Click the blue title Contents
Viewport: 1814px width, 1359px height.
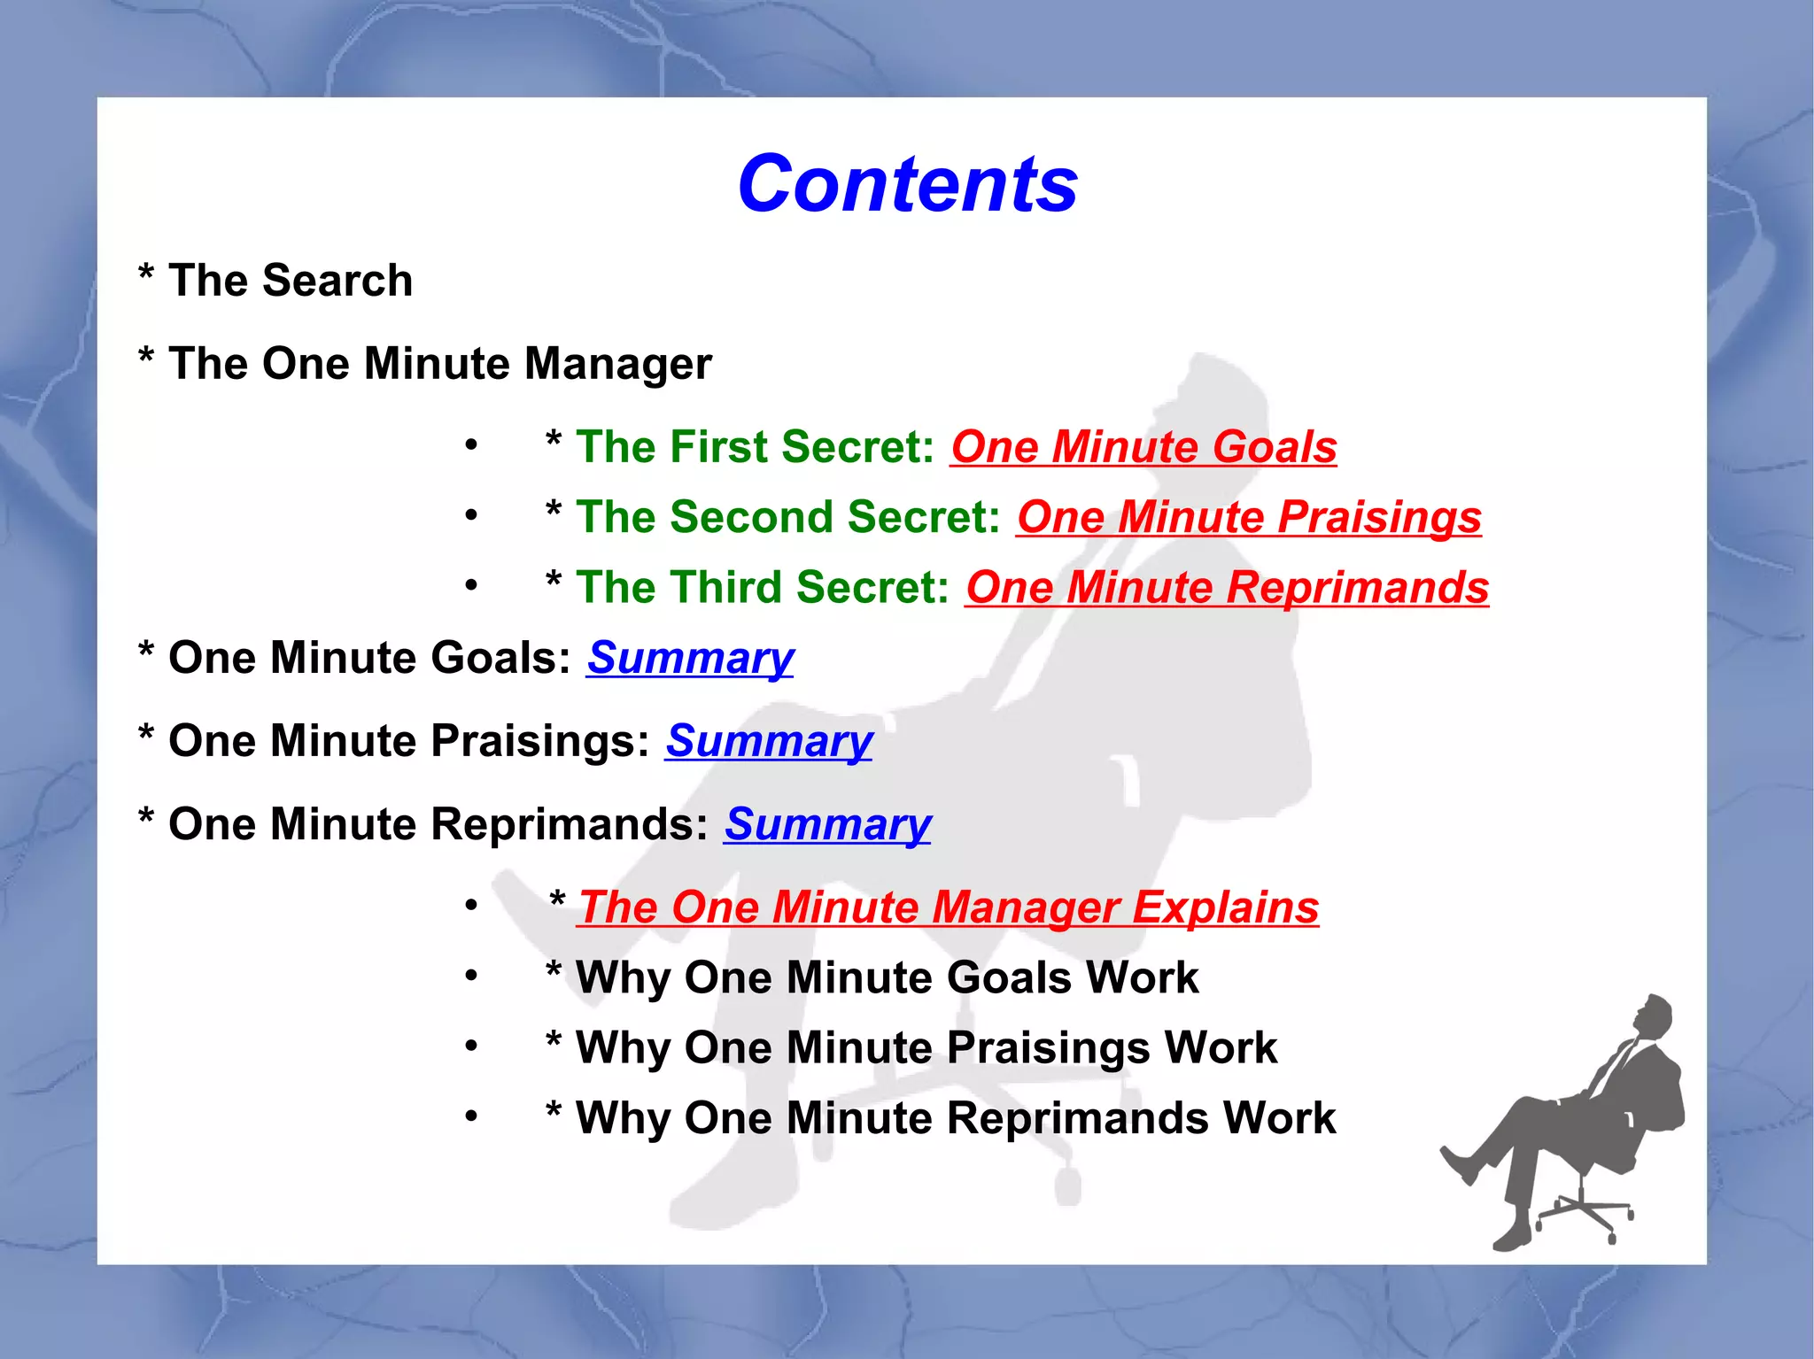pos(907,184)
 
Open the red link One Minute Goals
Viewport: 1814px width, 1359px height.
pos(1143,446)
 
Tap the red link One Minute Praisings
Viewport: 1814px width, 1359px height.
pos(1249,517)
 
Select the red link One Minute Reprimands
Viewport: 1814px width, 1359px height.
pos(1227,588)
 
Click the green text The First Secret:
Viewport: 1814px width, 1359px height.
pos(755,446)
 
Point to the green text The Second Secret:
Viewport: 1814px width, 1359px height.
pos(787,517)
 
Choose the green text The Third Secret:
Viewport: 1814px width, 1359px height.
pos(762,588)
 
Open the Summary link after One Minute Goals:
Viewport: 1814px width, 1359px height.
pos(690,658)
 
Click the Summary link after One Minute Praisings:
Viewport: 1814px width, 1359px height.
pos(769,741)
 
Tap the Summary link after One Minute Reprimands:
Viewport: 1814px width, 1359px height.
pos(827,824)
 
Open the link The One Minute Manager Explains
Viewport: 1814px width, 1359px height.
pos(948,907)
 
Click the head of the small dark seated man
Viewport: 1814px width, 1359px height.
pos(1653,1016)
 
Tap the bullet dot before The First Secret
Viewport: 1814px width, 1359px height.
pos(471,444)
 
